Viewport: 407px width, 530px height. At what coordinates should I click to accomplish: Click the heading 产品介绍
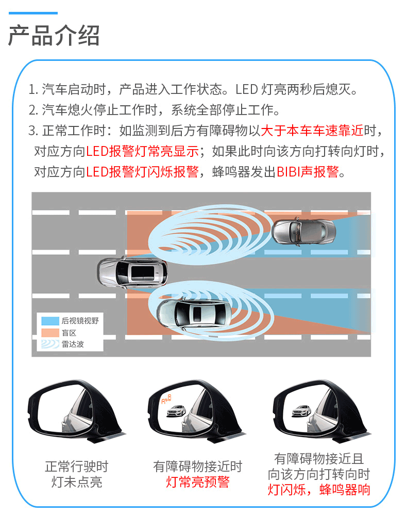[54, 36]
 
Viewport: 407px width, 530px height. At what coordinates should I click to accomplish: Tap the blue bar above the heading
[33, 13]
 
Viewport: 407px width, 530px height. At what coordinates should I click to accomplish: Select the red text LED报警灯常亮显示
[142, 151]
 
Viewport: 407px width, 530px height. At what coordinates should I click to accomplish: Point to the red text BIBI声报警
[308, 172]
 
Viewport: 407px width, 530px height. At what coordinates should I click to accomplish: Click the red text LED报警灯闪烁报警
[142, 172]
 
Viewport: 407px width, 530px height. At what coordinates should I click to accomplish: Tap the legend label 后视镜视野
[80, 321]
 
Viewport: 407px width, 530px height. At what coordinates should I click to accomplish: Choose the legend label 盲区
[69, 333]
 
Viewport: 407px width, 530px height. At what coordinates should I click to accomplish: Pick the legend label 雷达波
[73, 344]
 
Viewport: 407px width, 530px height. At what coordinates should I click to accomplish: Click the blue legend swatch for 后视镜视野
[50, 321]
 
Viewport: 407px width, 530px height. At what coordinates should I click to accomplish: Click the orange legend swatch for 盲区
[50, 332]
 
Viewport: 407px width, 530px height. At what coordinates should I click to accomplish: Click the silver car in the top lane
[304, 232]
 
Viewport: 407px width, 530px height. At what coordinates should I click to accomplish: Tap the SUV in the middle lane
[132, 272]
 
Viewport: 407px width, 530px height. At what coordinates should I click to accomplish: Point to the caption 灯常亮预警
[198, 481]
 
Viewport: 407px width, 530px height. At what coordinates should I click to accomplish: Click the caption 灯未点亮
[77, 481]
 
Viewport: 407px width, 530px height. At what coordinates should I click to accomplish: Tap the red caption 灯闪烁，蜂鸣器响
[319, 489]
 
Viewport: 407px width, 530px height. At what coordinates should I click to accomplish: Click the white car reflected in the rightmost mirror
[301, 411]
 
